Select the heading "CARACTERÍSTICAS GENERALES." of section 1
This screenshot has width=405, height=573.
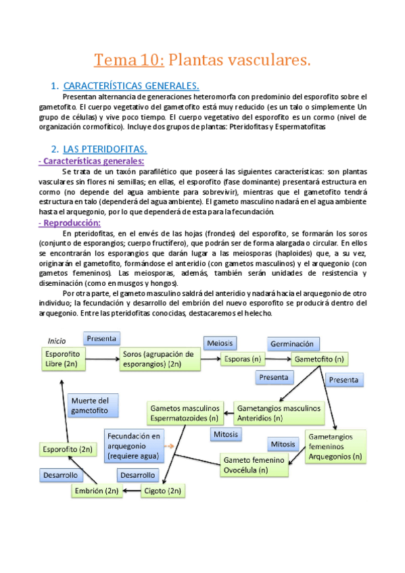[130, 86]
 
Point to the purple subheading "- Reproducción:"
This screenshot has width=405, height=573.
[70, 223]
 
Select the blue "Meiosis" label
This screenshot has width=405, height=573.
[222, 343]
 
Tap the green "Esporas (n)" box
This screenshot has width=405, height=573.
[242, 359]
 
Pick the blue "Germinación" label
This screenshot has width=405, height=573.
[291, 343]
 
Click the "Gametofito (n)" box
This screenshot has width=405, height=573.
[320, 359]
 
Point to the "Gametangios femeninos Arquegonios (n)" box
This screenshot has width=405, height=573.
[336, 447]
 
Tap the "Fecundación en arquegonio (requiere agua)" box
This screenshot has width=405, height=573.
[134, 447]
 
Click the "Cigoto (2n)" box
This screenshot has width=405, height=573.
[160, 491]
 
